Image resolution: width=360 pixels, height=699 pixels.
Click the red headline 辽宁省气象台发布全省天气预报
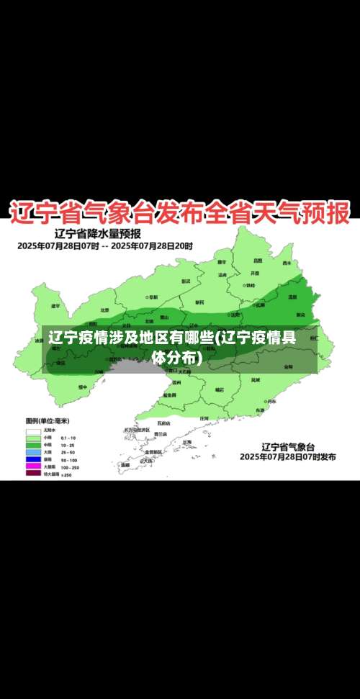tap(179, 212)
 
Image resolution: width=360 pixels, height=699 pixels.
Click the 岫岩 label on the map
tap(220, 389)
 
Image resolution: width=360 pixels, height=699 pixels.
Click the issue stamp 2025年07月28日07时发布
tap(288, 457)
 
